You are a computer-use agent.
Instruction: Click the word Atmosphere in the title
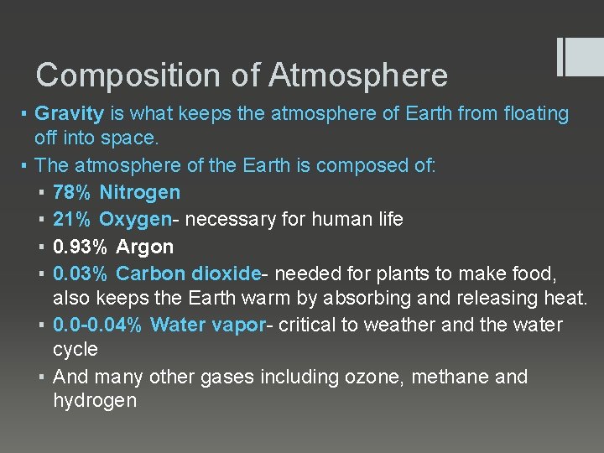point(358,76)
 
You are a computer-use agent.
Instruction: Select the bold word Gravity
point(69,113)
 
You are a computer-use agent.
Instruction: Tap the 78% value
point(71,193)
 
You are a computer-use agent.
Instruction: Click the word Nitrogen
point(139,193)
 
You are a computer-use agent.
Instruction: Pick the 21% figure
point(71,220)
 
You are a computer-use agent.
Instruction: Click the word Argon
point(144,247)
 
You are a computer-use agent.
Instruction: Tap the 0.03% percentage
point(80,274)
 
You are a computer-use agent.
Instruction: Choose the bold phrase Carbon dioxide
point(189,274)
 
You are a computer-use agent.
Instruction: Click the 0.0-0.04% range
point(96,325)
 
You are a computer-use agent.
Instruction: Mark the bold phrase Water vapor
point(207,325)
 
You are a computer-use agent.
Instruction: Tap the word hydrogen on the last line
point(94,401)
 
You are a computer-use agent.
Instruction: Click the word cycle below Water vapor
point(75,349)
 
